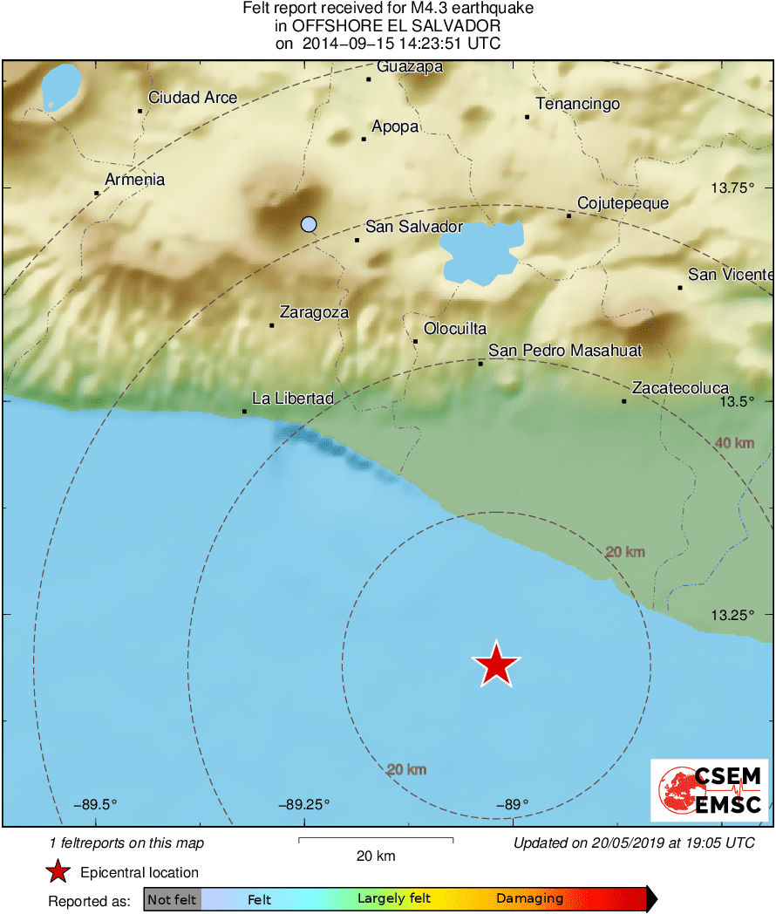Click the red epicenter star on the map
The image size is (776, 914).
[496, 665]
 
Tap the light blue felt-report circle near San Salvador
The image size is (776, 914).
[308, 224]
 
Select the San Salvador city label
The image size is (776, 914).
[413, 227]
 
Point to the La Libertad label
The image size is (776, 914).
[293, 399]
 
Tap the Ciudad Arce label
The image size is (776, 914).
[193, 98]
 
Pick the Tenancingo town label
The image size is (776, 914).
[577, 105]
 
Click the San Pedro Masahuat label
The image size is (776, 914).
[565, 351]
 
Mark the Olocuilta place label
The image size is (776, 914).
[454, 329]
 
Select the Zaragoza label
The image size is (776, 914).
[314, 312]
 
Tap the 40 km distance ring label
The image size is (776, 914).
[734, 444]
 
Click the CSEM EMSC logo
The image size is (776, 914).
[709, 790]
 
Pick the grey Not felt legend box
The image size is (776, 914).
[173, 899]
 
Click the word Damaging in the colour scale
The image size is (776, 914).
[529, 899]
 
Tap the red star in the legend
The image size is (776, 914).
[58, 871]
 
